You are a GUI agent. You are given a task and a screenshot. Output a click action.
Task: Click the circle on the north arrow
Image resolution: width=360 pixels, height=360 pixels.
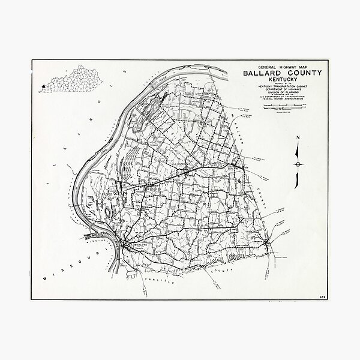298,163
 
